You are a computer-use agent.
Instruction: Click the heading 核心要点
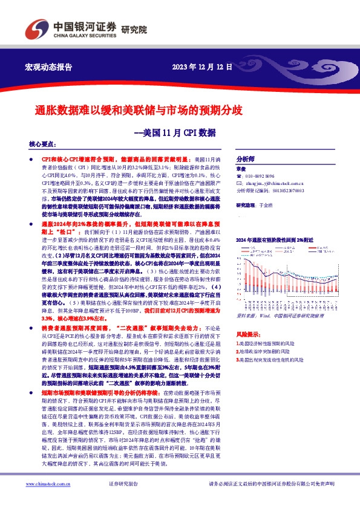[42, 145]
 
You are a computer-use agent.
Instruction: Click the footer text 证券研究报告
[123, 485]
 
